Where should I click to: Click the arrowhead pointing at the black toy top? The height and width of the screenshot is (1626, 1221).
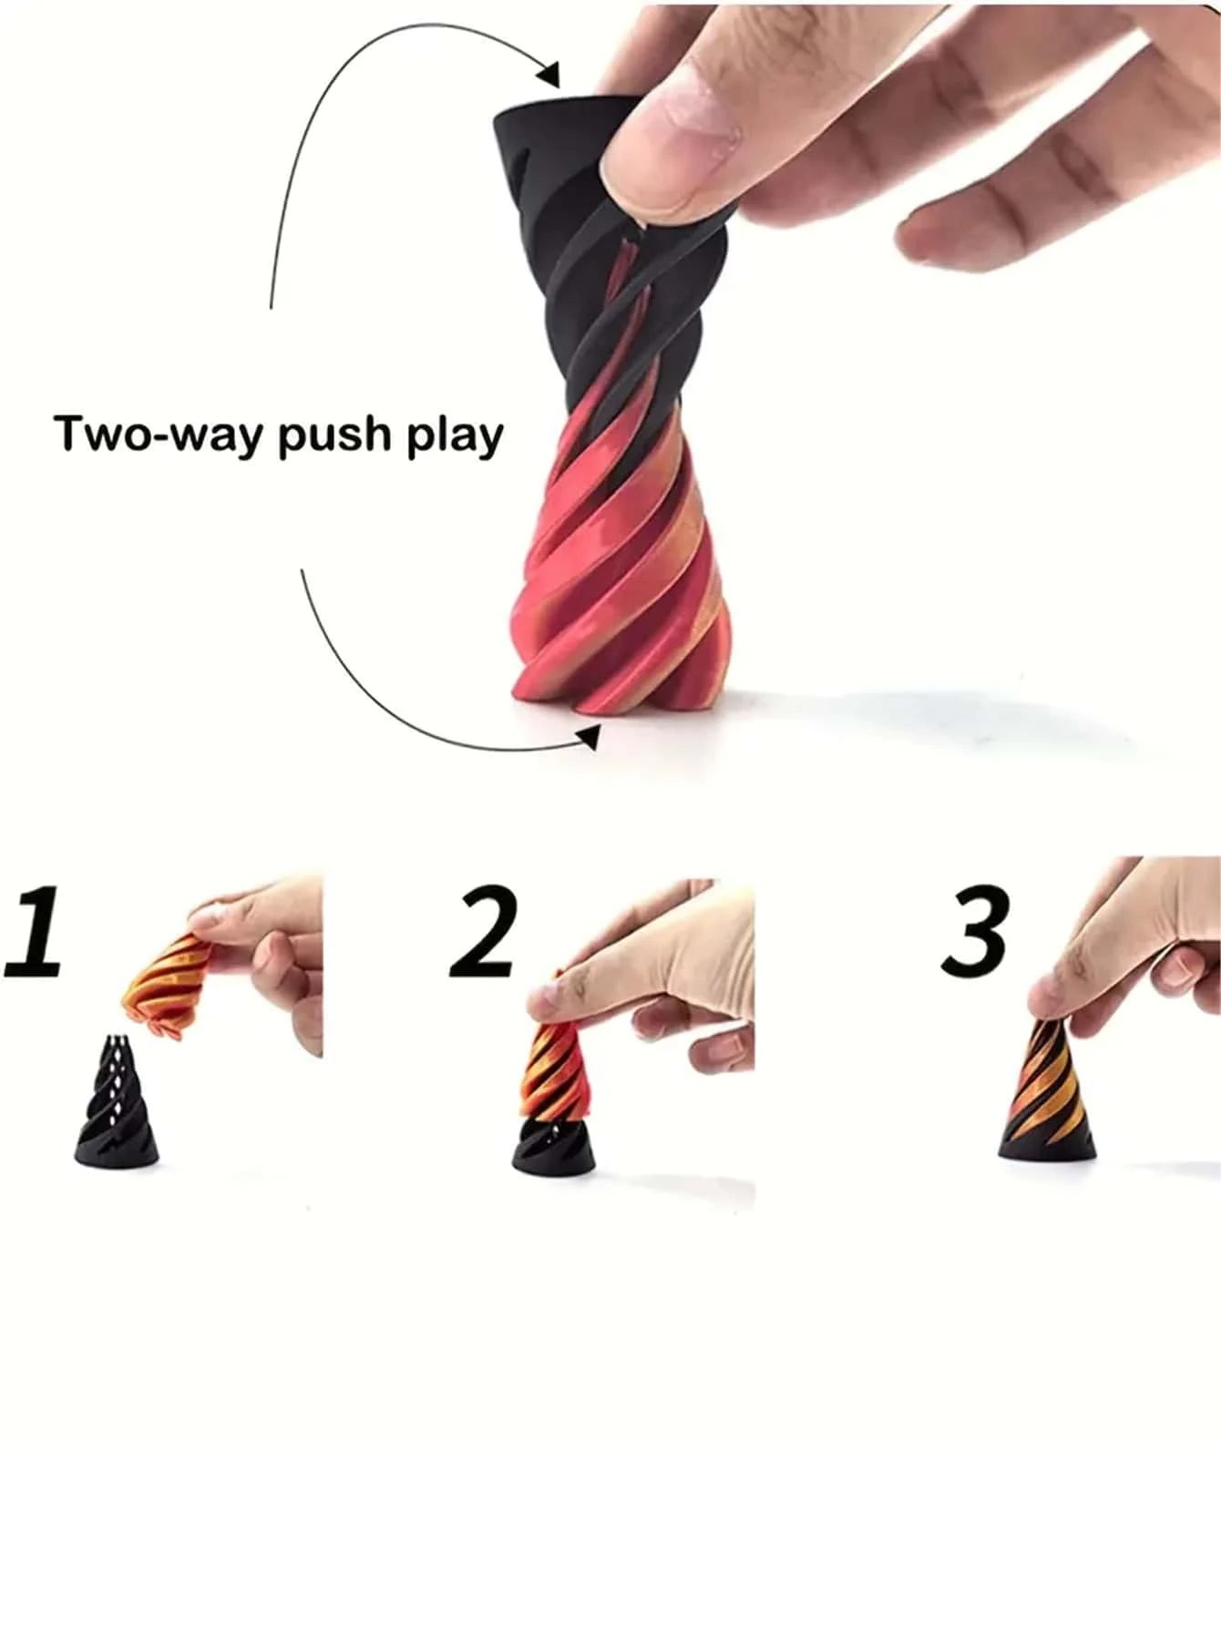[549, 72]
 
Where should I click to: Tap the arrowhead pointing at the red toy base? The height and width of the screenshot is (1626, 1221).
[589, 736]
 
